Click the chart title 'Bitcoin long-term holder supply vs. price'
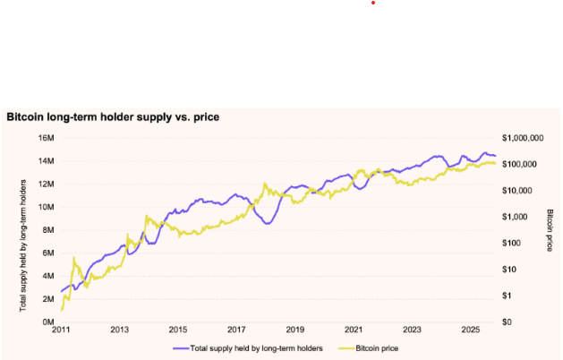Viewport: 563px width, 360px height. tap(113, 116)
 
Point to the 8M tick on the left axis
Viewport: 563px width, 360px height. tap(47, 229)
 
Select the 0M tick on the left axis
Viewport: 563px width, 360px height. tap(47, 321)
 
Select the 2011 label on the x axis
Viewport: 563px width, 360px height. tap(61, 330)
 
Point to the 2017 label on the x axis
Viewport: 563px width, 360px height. tap(237, 330)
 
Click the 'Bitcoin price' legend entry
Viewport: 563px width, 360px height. tap(371, 346)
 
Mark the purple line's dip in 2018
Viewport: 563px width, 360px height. tap(268, 223)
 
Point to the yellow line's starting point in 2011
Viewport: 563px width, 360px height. tap(62, 309)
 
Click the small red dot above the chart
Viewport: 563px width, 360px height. tap(373, 3)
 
